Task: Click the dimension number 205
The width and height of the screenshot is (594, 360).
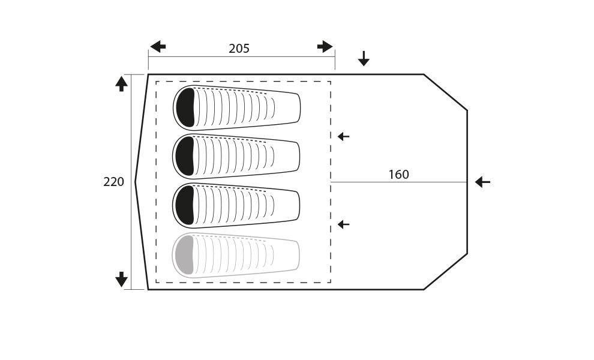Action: click(239, 49)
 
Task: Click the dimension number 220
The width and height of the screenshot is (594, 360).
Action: click(113, 182)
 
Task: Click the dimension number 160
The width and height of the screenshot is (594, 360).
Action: click(398, 175)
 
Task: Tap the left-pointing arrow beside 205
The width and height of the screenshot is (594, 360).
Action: click(158, 47)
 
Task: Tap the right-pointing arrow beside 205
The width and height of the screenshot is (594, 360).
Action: click(325, 47)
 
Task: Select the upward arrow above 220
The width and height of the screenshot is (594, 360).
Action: click(121, 84)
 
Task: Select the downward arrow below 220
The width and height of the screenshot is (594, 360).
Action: click(121, 279)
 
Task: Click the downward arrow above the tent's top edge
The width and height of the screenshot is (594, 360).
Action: click(364, 58)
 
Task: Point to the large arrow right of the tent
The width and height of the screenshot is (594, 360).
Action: click(482, 182)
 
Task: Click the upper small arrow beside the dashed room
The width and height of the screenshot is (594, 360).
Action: click(344, 136)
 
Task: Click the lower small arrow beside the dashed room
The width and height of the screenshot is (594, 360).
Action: click(344, 224)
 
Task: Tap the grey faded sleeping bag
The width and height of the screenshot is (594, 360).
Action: click(236, 255)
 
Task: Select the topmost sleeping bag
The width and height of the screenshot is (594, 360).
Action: click(237, 108)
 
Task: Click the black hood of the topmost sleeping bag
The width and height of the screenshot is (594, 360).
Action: click(185, 107)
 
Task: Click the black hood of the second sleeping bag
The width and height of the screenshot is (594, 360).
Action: click(185, 156)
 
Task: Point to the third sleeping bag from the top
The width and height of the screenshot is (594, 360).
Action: click(236, 206)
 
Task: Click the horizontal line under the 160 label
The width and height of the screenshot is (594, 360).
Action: click(399, 182)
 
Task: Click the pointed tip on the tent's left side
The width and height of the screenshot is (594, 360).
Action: click(136, 182)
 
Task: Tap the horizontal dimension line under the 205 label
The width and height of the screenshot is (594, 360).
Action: click(242, 57)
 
